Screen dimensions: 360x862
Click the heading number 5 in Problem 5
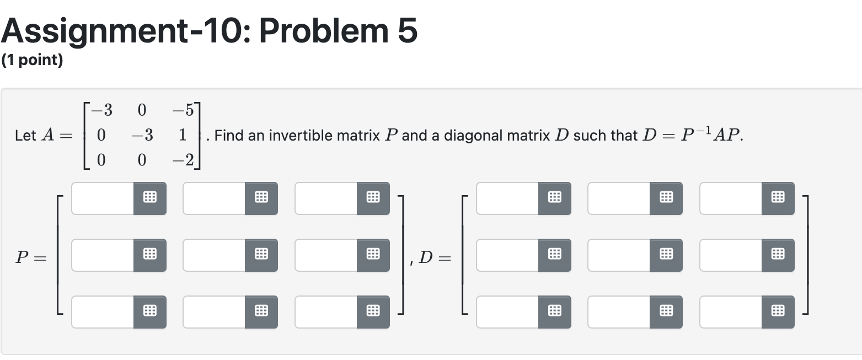pos(406,31)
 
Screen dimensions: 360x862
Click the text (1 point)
pos(32,60)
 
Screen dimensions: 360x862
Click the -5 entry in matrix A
pos(183,111)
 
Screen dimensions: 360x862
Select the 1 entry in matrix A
pos(183,135)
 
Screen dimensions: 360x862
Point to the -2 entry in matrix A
pos(183,160)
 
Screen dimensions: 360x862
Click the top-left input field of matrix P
pos(103,198)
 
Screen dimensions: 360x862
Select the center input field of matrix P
pos(215,255)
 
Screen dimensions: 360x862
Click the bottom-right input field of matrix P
pos(326,312)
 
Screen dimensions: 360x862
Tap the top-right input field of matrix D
pos(731,198)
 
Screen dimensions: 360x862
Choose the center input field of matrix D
pos(619,255)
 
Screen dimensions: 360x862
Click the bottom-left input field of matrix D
pos(508,312)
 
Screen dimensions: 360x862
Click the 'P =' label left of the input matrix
pos(30,257)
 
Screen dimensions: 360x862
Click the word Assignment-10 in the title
pos(124,31)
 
